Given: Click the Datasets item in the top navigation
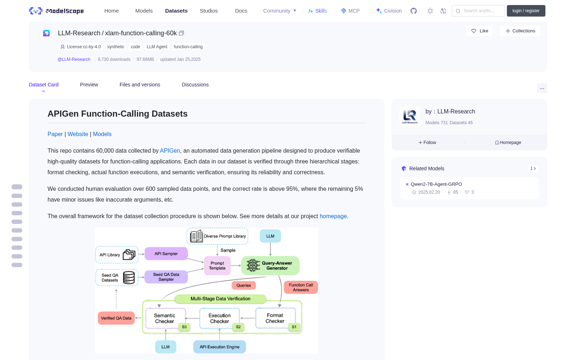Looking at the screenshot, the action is [x=176, y=11].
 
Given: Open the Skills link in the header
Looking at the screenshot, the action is [x=318, y=11].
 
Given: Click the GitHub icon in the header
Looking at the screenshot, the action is [x=414, y=11].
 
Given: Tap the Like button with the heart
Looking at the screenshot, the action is [x=479, y=31].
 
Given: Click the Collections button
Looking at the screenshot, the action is [x=520, y=31].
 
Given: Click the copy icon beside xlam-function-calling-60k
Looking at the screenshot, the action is [x=181, y=33].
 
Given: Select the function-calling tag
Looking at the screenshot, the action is [x=188, y=47].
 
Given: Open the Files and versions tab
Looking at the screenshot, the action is [x=140, y=85].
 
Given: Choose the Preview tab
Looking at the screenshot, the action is [x=89, y=85].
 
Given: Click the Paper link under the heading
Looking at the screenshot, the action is [x=55, y=134].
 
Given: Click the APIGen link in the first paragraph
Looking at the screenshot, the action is [x=170, y=151].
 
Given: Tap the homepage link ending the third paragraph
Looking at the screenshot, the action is [x=333, y=216].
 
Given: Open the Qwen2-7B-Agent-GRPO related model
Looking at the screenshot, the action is [x=436, y=184].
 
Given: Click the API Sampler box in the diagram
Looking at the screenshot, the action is [x=166, y=253].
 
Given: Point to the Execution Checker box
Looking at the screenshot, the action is [x=219, y=318].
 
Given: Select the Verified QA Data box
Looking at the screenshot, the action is [x=116, y=318].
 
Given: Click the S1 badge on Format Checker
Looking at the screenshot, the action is [x=294, y=327].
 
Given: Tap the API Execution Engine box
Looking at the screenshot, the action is [x=219, y=347].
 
